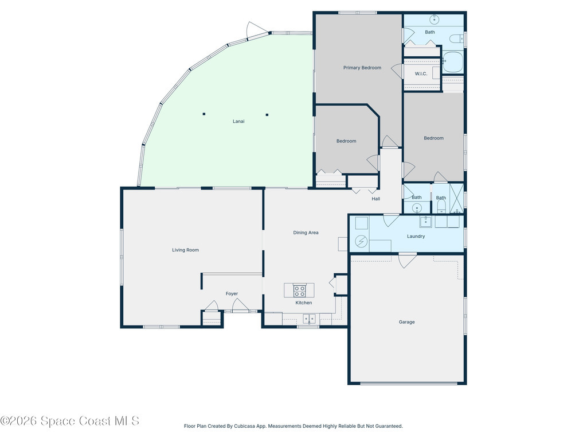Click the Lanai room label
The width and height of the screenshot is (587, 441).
[238, 121]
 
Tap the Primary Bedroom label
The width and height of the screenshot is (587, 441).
[362, 68]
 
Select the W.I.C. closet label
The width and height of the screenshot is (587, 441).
[421, 74]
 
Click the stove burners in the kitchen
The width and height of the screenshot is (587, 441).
[299, 291]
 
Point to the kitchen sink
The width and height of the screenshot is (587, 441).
[309, 319]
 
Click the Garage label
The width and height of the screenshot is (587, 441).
[406, 322]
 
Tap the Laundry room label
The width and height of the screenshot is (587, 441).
[416, 236]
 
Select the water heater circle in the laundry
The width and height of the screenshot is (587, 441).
[361, 241]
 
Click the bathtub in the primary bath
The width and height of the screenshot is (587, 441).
[453, 62]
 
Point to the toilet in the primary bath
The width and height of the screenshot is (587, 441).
[456, 38]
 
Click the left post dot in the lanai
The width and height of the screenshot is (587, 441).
[204, 114]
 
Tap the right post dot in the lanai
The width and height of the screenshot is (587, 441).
[267, 115]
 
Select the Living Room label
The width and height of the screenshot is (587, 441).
[185, 250]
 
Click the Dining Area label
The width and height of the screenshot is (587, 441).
[306, 233]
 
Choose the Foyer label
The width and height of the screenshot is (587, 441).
[232, 293]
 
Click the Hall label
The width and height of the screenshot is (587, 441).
[376, 199]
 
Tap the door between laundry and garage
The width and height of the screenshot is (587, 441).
[408, 261]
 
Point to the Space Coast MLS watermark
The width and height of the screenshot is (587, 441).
[69, 421]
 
